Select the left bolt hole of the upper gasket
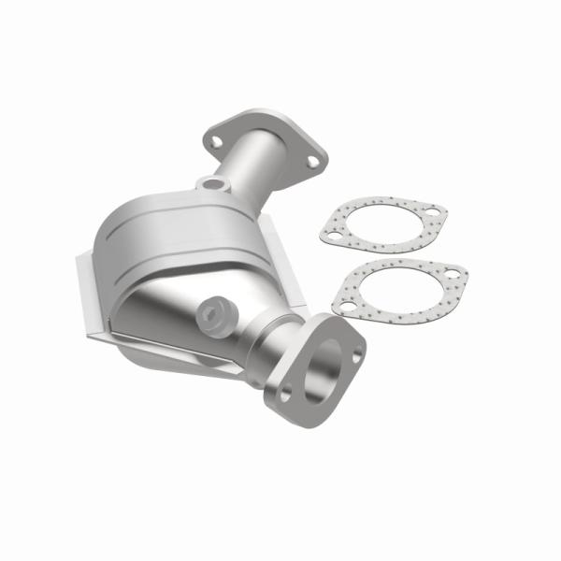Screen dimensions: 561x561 tap(329, 238)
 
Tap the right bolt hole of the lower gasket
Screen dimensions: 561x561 tap(452, 277)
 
